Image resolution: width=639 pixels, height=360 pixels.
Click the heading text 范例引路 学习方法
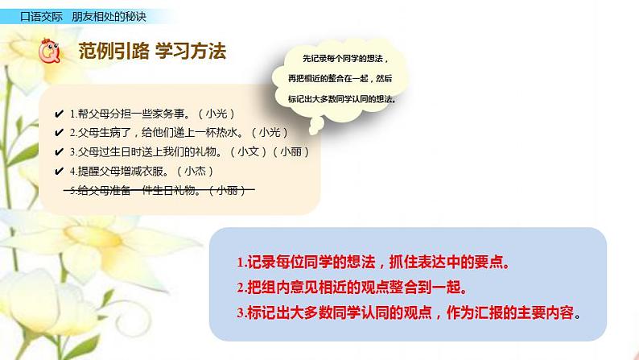point(152,52)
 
